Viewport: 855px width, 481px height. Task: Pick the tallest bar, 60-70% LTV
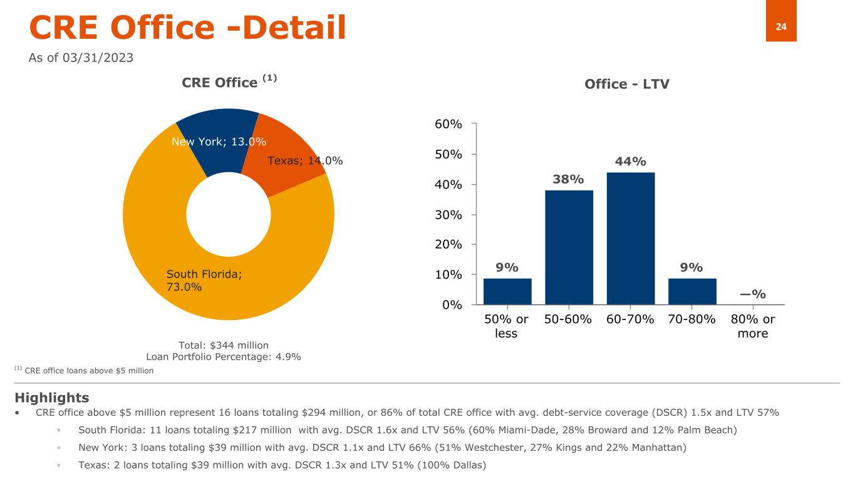630,238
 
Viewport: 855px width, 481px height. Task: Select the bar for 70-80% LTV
692,291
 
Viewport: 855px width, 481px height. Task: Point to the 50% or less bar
507,291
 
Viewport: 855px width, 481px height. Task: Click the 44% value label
630,162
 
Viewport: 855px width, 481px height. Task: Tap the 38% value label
569,180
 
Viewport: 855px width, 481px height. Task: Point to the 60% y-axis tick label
449,124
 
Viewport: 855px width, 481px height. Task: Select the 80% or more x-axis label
752,326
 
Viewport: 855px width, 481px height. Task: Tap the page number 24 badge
781,26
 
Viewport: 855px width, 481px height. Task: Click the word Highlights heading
51,398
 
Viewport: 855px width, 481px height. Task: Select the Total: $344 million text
223,345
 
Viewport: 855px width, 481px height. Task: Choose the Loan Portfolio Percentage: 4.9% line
223,357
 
